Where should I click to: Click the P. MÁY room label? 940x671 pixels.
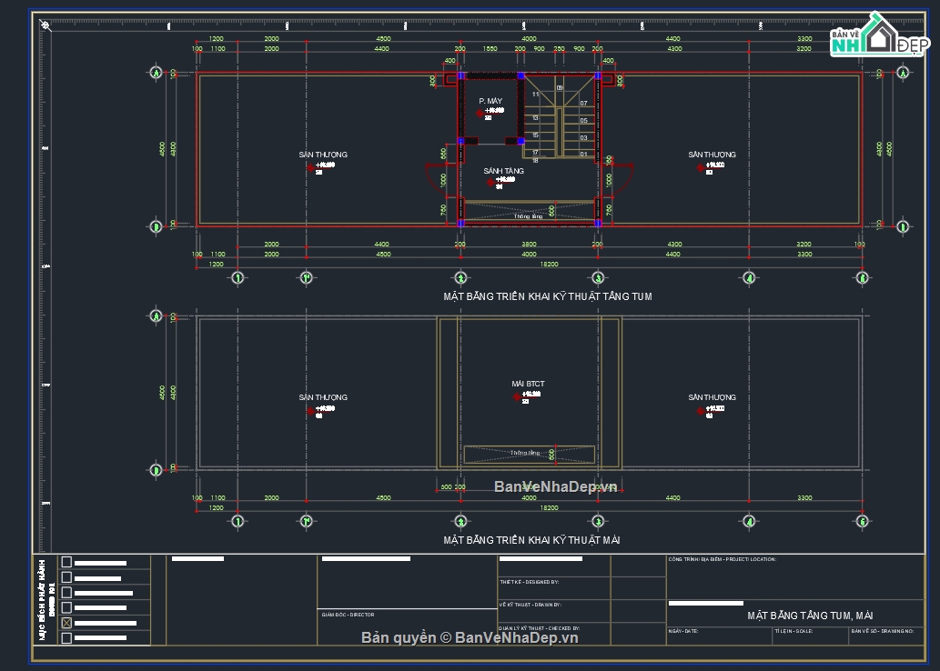[x=490, y=101]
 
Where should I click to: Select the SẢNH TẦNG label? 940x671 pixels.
[x=503, y=171]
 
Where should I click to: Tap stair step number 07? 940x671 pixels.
[x=583, y=104]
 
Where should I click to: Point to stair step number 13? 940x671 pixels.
[x=535, y=118]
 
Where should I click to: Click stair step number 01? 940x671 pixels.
[x=583, y=155]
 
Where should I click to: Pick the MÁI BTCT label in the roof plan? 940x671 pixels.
[x=528, y=385]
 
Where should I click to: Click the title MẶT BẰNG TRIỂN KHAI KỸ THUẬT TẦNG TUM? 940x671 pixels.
[x=547, y=296]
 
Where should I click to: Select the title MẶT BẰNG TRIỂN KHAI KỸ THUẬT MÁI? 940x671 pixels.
[x=532, y=540]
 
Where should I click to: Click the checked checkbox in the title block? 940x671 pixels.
[x=66, y=623]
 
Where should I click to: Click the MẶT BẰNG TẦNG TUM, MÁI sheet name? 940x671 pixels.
[x=810, y=616]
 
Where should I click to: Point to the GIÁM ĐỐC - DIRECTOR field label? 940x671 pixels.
[x=348, y=615]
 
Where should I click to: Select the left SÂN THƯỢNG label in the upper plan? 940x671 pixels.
[x=323, y=155]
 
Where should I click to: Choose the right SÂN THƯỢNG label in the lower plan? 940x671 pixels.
[x=712, y=397]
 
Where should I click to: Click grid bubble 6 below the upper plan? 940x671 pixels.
[x=862, y=278]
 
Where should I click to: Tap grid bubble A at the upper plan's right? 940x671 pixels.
[x=903, y=73]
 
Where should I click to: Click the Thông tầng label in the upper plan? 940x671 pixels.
[x=528, y=216]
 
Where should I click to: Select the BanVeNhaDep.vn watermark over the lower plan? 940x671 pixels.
[x=555, y=486]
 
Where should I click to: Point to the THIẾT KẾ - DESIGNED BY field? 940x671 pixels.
[x=529, y=582]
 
